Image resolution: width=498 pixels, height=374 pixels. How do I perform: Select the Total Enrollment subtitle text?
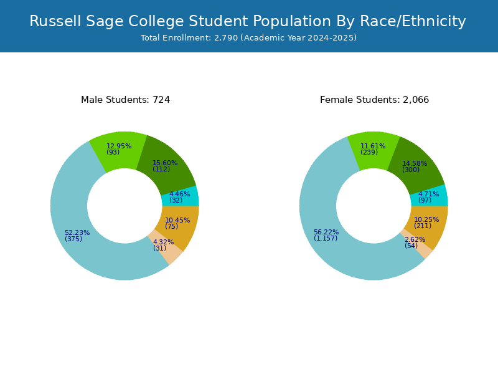tap(248, 38)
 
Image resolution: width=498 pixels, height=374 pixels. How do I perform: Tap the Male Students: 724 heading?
tap(126, 100)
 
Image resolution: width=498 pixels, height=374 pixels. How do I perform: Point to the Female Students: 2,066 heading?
tap(375, 100)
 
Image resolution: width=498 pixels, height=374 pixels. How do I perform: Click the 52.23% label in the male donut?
tap(77, 233)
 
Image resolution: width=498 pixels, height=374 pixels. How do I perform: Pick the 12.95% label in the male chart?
tap(119, 146)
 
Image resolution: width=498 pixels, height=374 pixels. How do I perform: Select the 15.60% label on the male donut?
tap(165, 163)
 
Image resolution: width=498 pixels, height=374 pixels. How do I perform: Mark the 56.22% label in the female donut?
tap(326, 232)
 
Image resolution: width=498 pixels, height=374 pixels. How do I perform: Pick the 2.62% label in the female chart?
tap(415, 239)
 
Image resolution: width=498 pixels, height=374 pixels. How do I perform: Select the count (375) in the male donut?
tap(73, 239)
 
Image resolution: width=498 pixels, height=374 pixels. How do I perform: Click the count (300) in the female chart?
tap(411, 170)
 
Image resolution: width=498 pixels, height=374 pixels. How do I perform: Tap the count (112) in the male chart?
tap(161, 169)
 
